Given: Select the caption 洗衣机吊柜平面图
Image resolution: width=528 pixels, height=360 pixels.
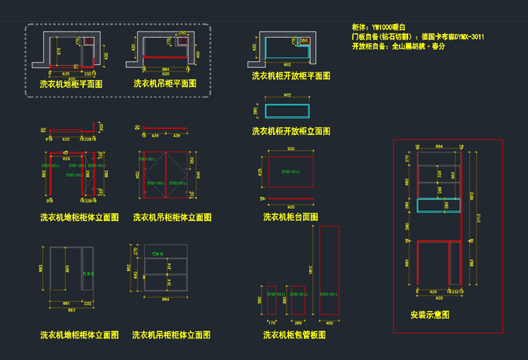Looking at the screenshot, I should pos(165,84).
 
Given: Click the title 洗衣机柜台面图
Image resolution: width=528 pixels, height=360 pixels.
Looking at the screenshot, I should pos(290,217).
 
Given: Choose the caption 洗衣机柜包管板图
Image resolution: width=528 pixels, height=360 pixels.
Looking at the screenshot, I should pos(294,334).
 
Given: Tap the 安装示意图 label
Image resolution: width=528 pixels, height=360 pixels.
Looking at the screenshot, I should pos(430,314).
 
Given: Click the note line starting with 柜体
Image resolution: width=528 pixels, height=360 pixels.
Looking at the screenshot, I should pos(379,26).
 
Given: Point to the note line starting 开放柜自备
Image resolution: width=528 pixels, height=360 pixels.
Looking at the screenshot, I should pos(398,47).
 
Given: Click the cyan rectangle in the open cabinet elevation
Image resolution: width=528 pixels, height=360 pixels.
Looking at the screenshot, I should pos(287,111).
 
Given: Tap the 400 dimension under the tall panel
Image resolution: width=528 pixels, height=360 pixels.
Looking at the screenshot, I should pos(329,322).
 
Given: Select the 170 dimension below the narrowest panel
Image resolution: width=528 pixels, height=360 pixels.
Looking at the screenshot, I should pos(272,322).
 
